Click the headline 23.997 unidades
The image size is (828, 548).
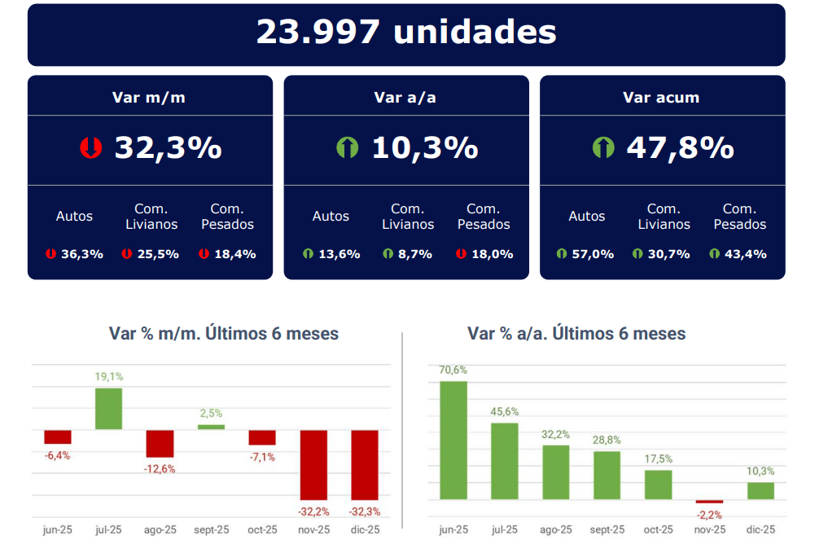[406, 33]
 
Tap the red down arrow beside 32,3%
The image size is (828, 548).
[90, 148]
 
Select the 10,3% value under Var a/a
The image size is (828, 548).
[424, 148]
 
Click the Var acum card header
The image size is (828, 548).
[661, 98]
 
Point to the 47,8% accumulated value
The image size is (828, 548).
[680, 148]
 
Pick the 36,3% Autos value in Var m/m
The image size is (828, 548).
[81, 254]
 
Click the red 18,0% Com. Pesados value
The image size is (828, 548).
[492, 254]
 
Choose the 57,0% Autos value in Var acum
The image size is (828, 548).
[592, 254]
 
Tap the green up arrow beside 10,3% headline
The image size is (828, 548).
[348, 148]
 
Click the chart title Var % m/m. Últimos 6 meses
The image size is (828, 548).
[224, 334]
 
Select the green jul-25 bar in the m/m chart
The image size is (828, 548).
[108, 409]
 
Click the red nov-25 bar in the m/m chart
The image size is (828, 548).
[313, 465]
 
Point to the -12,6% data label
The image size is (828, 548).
[160, 469]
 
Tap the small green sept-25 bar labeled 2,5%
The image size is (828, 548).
[211, 427]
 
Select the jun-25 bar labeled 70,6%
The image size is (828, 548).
[453, 441]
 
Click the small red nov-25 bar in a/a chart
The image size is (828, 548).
[709, 502]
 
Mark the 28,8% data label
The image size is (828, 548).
[607, 440]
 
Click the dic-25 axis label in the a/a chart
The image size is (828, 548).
[760, 530]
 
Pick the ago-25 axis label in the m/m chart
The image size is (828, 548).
[160, 530]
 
